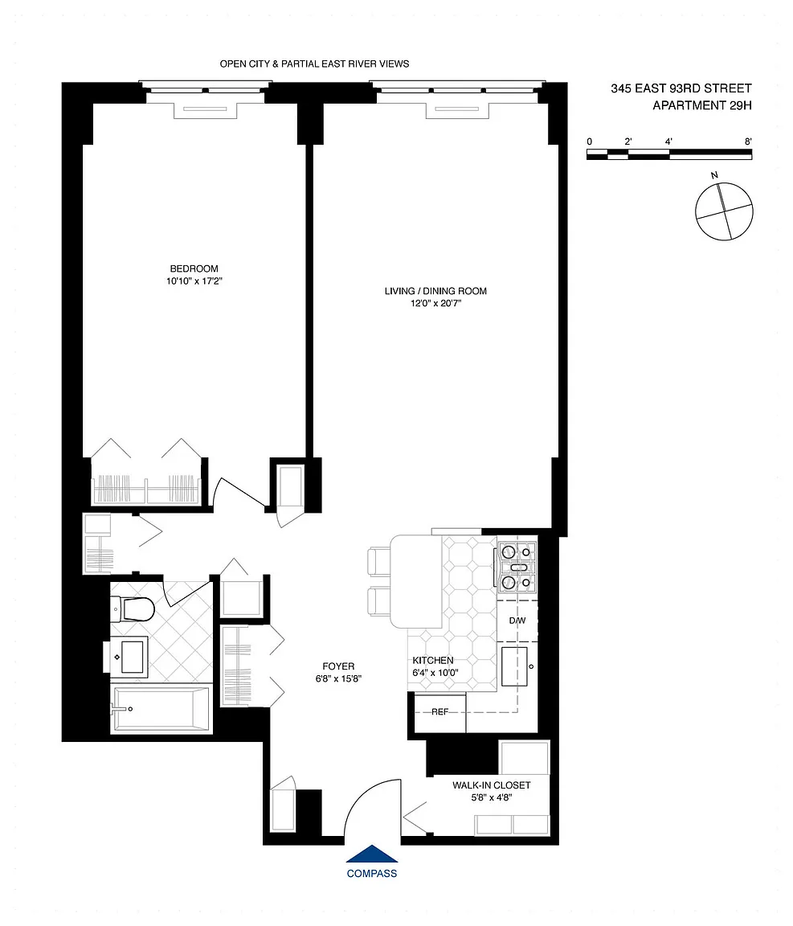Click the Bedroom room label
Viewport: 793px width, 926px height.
194,268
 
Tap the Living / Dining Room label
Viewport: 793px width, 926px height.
435,290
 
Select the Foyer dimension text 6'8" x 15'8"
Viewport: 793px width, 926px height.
338,679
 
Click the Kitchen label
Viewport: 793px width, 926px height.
433,660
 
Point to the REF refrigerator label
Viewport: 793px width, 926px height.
440,711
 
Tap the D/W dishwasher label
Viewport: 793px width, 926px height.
517,621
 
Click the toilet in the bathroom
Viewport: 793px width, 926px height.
133,608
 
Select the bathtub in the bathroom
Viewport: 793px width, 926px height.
161,709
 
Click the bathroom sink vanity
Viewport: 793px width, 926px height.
130,656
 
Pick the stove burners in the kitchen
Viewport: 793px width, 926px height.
517,567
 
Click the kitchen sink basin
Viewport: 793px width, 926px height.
514,666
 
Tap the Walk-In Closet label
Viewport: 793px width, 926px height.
491,785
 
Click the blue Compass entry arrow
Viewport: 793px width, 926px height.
371,854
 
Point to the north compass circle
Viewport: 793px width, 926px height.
724,211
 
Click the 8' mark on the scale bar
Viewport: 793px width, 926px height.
748,141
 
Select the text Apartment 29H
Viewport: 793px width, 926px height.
702,106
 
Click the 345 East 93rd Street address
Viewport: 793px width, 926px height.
681,88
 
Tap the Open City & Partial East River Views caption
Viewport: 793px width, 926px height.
314,64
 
